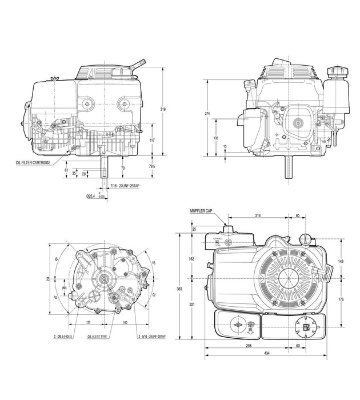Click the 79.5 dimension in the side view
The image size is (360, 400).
tap(152, 166)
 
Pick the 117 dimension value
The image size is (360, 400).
tap(152, 139)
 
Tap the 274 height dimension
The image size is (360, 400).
tap(207, 114)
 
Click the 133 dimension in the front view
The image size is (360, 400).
tap(215, 138)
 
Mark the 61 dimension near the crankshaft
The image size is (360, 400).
tap(67, 170)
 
